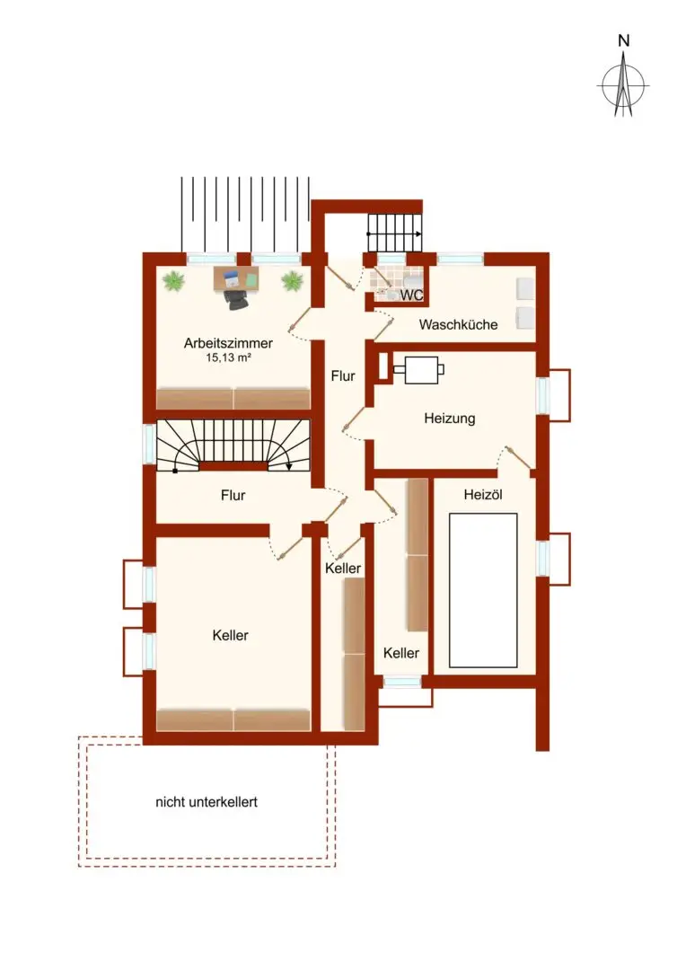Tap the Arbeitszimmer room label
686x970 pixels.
click(x=228, y=342)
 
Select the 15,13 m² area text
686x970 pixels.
click(x=228, y=357)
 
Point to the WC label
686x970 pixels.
click(x=411, y=295)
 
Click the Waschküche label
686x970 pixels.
click(x=458, y=325)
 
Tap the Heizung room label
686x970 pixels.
click(x=449, y=418)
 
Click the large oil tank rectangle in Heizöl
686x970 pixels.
click(x=483, y=589)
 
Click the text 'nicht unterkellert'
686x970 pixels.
click(x=207, y=802)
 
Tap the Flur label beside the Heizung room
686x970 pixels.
click(x=343, y=377)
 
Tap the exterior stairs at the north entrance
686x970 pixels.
click(x=395, y=233)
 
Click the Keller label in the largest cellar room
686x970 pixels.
click(x=231, y=635)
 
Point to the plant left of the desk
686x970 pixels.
click(x=173, y=282)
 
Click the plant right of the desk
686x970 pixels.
click(x=291, y=282)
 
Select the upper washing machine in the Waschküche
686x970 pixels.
click(x=525, y=288)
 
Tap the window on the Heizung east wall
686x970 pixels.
click(x=542, y=395)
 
